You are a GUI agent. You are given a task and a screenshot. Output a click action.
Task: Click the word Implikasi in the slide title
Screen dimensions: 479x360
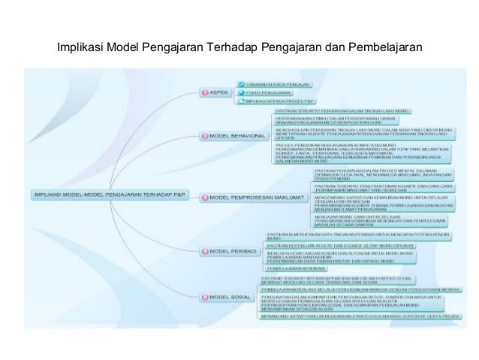pyautogui.click(x=80, y=50)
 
